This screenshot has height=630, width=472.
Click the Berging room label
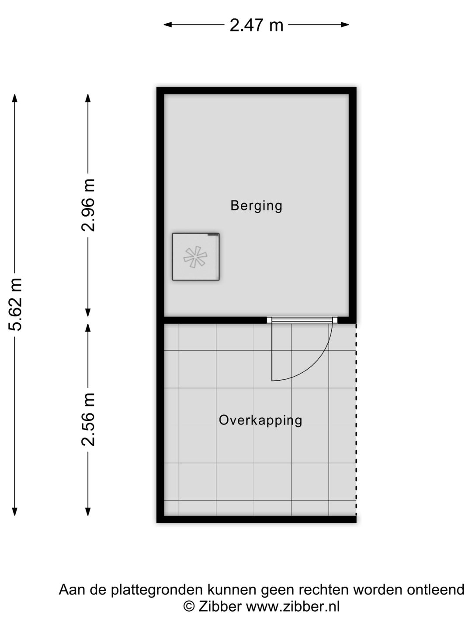pyautogui.click(x=256, y=206)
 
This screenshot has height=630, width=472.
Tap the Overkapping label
pyautogui.click(x=260, y=420)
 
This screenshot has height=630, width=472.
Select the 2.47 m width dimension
pyautogui.click(x=257, y=25)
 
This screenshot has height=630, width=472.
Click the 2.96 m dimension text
pyautogui.click(x=88, y=205)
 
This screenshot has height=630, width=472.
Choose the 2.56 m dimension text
pyautogui.click(x=88, y=419)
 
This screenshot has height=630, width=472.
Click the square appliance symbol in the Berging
pyautogui.click(x=195, y=257)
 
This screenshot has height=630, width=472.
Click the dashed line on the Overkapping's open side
pyautogui.click(x=356, y=420)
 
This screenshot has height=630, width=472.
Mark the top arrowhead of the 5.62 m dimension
pyautogui.click(x=15, y=98)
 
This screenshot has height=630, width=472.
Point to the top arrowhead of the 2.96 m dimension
pyautogui.click(x=88, y=98)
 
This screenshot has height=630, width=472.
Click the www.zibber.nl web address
pyautogui.click(x=292, y=607)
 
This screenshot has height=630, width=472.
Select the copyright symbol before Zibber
pyautogui.click(x=188, y=607)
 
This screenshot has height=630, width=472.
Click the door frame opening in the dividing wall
pyautogui.click(x=302, y=320)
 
